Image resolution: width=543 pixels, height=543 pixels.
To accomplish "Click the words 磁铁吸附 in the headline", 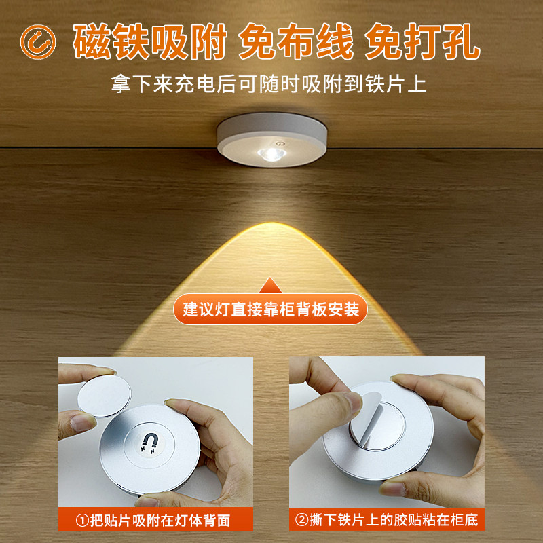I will (x=150, y=42).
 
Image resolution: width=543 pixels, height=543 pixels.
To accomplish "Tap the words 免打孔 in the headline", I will (x=422, y=42).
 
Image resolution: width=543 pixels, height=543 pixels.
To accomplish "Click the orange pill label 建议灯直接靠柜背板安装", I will (x=271, y=310).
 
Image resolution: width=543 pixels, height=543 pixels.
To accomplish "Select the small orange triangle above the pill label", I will (x=271, y=284).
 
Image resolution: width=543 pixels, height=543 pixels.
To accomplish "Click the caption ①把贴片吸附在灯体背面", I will (x=154, y=521).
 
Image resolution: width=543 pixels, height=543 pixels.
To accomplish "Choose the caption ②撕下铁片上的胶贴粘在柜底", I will (x=386, y=521).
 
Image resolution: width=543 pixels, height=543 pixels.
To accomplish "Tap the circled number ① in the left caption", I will (x=81, y=521).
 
